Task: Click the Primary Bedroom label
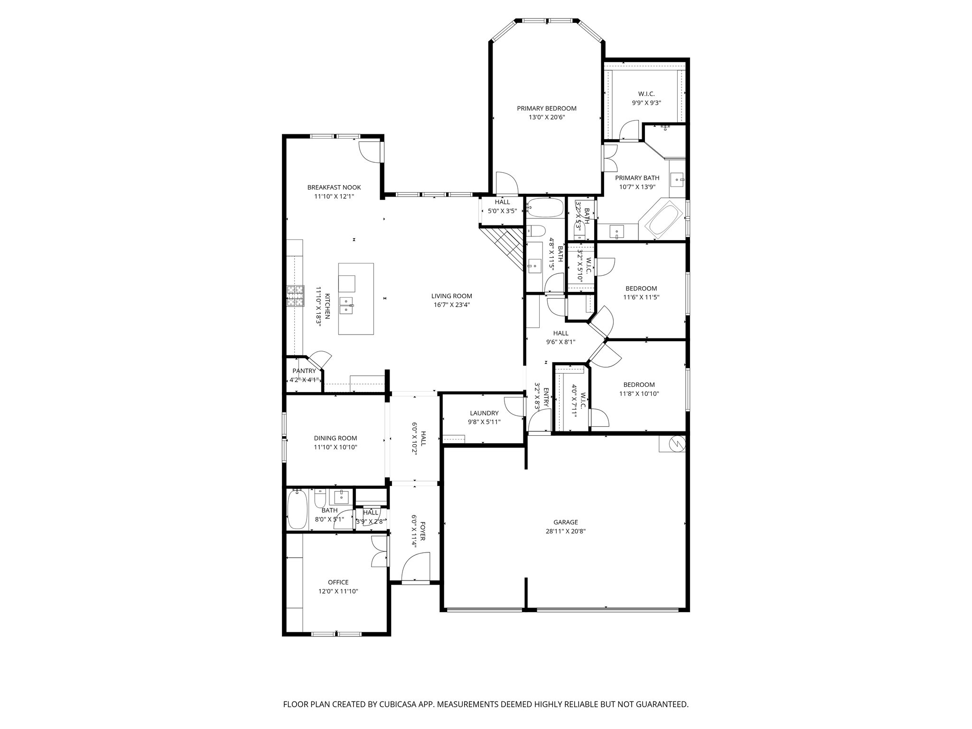pos(546,108)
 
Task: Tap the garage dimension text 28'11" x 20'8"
pos(565,532)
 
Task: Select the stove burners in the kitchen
pos(295,296)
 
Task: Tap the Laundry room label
pos(484,413)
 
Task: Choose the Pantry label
pos(304,371)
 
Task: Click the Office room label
pos(338,582)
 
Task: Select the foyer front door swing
pos(414,567)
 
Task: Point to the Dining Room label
pos(335,438)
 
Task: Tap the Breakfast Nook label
pos(334,187)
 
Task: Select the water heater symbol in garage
pos(675,444)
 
